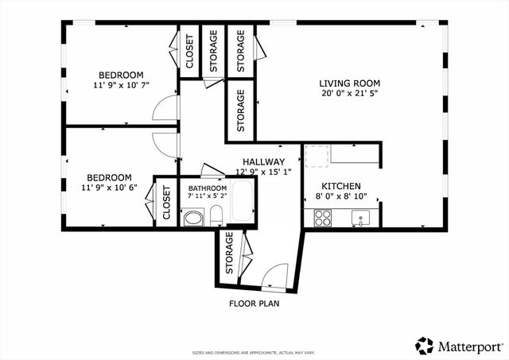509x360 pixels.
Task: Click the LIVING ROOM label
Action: coord(349,83)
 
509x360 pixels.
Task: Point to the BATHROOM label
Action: coord(207,188)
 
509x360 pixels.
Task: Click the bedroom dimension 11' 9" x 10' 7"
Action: coord(121,86)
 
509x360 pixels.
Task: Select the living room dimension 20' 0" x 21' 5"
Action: coord(349,93)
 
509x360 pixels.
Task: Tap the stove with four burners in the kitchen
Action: coord(323,218)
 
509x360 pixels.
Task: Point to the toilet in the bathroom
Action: coord(216,215)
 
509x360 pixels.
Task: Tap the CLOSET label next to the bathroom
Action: coord(167,202)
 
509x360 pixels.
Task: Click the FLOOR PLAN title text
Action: coord(254,303)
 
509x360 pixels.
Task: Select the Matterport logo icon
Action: coord(425,345)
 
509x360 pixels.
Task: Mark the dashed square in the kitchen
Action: coord(317,157)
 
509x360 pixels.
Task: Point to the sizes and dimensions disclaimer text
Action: coord(254,352)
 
